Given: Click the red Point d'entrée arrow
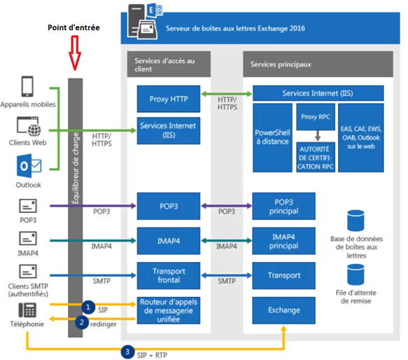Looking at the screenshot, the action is (x=75, y=53).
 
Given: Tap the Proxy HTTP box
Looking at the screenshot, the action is (x=169, y=99).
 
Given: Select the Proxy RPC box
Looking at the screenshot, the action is (x=316, y=117).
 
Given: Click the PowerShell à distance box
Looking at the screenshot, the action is (x=272, y=137).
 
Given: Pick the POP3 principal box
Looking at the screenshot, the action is (x=283, y=206).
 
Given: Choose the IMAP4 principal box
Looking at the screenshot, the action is (x=283, y=241).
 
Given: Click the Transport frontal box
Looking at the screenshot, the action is (x=169, y=275).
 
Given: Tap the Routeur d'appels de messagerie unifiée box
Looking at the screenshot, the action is (x=169, y=310).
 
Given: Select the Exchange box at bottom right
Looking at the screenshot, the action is (x=283, y=310).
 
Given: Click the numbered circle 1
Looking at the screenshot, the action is (x=88, y=307).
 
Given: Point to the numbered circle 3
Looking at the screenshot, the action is (x=127, y=352).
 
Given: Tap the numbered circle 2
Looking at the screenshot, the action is (x=82, y=322).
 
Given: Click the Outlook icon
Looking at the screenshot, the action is (x=29, y=166).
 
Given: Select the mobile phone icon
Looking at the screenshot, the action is (x=27, y=86).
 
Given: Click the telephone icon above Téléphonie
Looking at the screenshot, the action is (x=27, y=310).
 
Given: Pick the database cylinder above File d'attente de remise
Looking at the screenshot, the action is (x=356, y=275).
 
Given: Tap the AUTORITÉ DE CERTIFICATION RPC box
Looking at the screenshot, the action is (x=316, y=157).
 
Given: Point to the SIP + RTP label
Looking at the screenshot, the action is (x=153, y=355).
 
